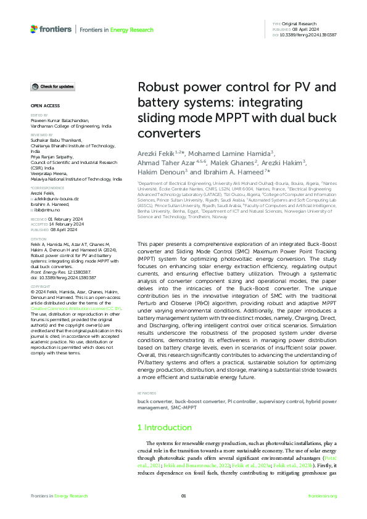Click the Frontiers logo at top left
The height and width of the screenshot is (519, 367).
[x=51, y=29]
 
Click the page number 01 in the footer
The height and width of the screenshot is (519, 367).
[x=183, y=496]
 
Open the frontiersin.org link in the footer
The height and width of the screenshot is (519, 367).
[x=322, y=496]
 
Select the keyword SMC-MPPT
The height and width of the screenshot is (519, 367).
[x=170, y=407]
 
